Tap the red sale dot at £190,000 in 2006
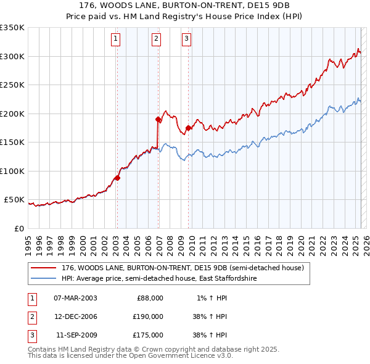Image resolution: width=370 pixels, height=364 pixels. (x=158, y=119)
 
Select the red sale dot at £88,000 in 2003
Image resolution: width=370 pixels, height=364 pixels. (x=117, y=178)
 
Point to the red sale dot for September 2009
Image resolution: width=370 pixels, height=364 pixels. (x=188, y=128)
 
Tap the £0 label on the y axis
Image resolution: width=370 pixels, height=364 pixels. (x=18, y=228)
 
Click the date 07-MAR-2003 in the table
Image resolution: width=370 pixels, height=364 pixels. (x=75, y=298)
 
